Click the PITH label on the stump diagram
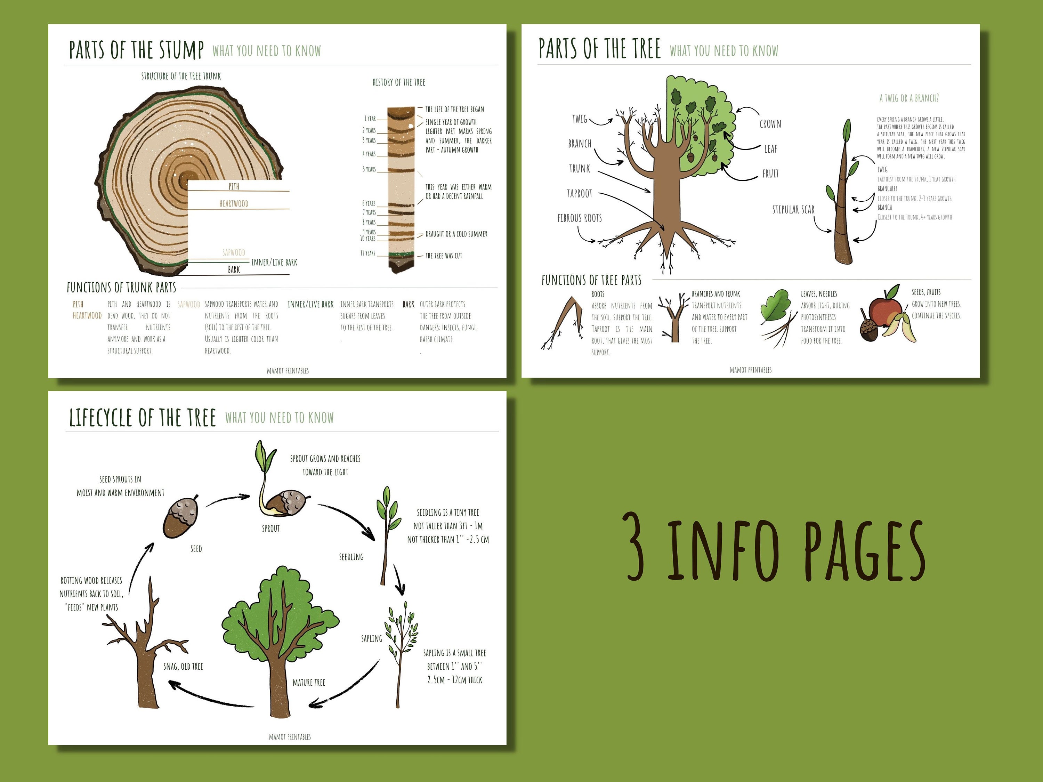click(234, 187)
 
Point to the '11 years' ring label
click(368, 253)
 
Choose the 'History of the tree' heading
click(398, 82)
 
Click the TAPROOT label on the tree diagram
click(580, 193)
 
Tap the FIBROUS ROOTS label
click(580, 218)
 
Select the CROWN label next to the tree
click(770, 124)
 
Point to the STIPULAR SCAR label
click(793, 209)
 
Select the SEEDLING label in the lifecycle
click(351, 557)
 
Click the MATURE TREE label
click(308, 683)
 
